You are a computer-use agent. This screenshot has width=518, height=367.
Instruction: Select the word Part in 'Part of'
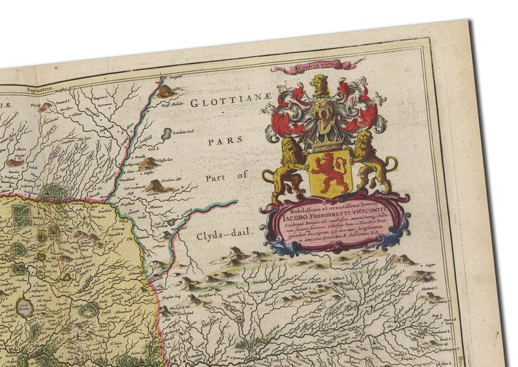pos(218,177)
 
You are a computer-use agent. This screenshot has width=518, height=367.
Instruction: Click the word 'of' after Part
pos(243,175)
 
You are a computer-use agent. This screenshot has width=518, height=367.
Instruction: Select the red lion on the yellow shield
pos(329,172)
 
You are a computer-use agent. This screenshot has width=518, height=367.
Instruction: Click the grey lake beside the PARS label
pos(166,135)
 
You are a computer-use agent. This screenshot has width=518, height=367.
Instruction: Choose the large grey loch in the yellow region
pos(26,307)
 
